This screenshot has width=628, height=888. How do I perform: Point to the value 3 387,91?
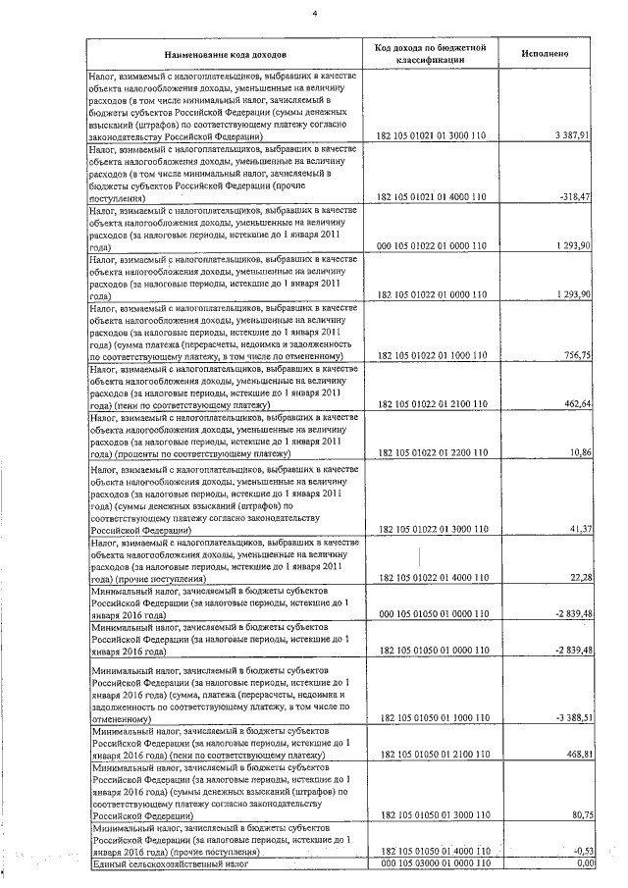point(571,133)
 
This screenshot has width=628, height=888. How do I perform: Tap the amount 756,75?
point(574,356)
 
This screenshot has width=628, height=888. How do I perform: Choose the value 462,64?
point(574,404)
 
